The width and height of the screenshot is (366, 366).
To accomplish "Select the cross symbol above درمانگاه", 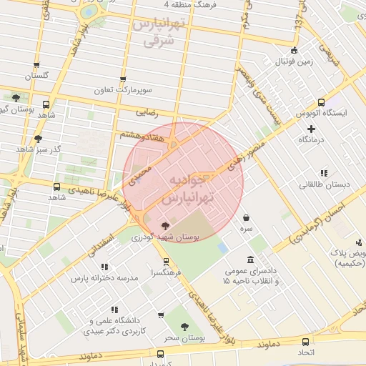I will tap(311, 129).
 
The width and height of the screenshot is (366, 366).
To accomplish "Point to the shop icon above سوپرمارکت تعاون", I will tap(123, 80).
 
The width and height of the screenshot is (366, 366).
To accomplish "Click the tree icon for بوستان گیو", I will tap(16, 98).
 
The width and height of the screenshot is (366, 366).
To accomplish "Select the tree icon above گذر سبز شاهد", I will tap(37, 138).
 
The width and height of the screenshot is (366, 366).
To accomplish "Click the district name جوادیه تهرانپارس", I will tap(184, 189).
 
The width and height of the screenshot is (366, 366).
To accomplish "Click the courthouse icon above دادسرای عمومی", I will tap(250, 259).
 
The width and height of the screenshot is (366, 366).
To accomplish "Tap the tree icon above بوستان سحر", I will tap(185, 326).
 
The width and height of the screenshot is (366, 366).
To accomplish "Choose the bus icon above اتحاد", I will tap(306, 342).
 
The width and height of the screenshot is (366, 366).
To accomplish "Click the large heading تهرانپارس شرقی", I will tap(159, 32).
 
